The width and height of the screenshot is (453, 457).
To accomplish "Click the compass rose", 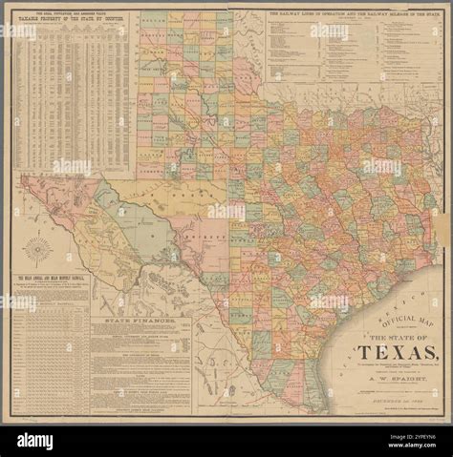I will [38, 251].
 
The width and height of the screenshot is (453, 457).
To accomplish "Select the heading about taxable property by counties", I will [70, 19].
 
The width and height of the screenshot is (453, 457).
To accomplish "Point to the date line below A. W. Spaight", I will [393, 402].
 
